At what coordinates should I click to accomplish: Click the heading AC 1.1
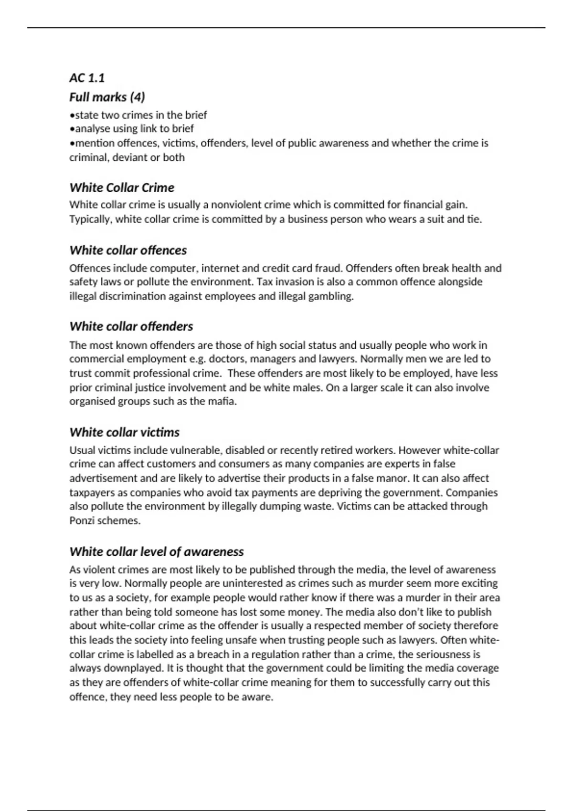coord(87,78)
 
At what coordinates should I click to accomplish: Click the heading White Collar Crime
coord(122,187)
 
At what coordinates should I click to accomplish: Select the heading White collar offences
coord(128,250)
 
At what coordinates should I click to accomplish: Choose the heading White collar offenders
coord(131,327)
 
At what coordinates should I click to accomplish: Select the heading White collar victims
coord(125,433)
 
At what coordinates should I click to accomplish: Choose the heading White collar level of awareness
coord(157,552)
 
